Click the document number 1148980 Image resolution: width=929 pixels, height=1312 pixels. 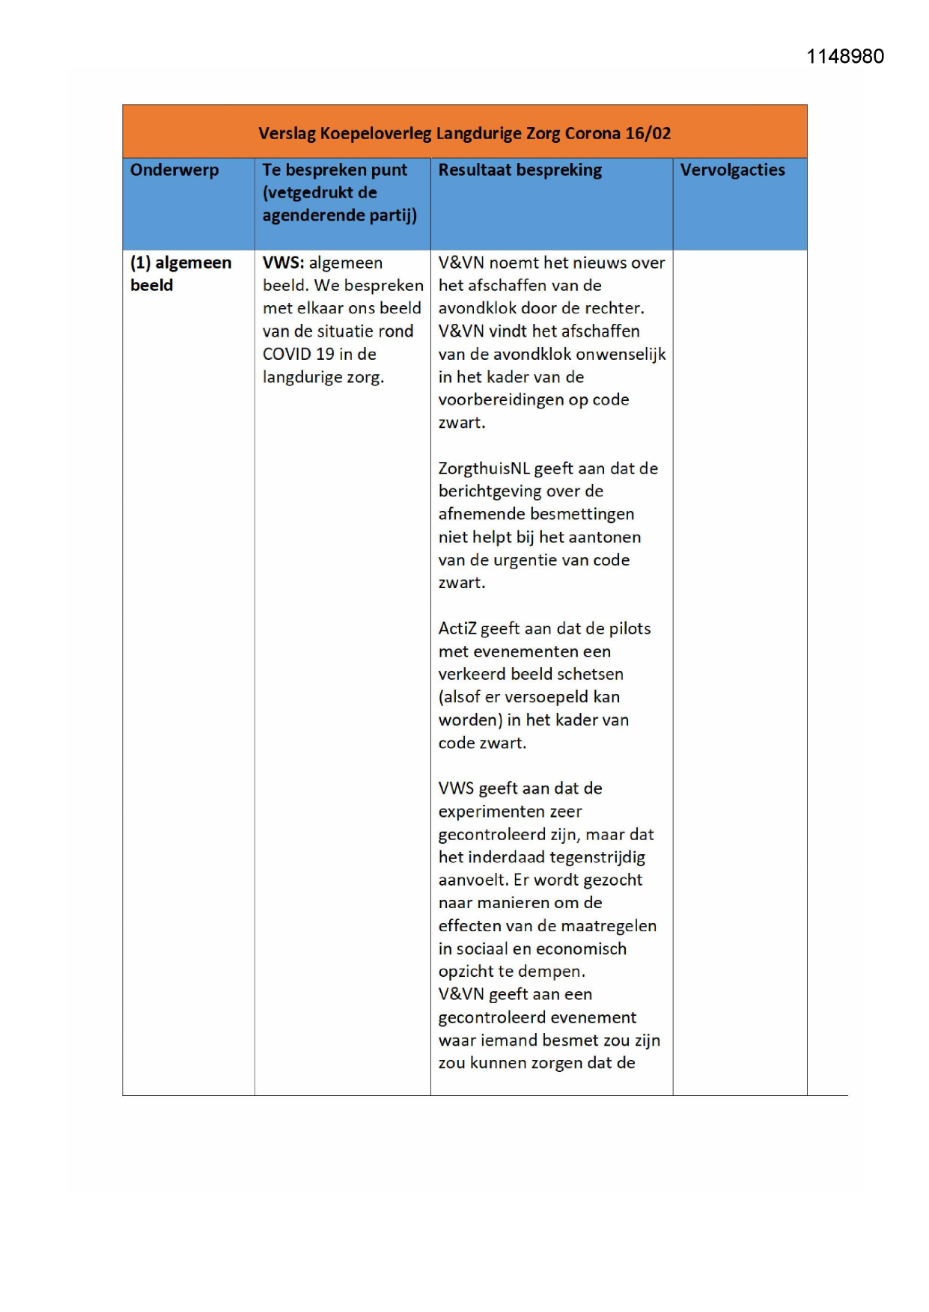tap(844, 57)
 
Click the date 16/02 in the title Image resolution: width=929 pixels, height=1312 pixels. tap(648, 134)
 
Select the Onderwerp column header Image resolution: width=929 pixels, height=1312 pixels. tap(174, 171)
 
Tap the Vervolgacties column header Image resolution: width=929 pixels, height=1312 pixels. tap(732, 171)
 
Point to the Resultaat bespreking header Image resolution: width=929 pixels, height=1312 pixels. tap(520, 171)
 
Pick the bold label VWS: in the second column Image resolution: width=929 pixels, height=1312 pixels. tap(283, 263)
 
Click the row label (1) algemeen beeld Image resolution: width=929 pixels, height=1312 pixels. tap(180, 274)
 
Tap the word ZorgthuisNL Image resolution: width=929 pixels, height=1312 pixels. tap(484, 469)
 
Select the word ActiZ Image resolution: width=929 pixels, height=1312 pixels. tap(457, 629)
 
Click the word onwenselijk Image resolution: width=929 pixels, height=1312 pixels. tap(621, 355)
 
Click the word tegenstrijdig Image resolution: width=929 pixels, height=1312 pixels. tap(597, 857)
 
